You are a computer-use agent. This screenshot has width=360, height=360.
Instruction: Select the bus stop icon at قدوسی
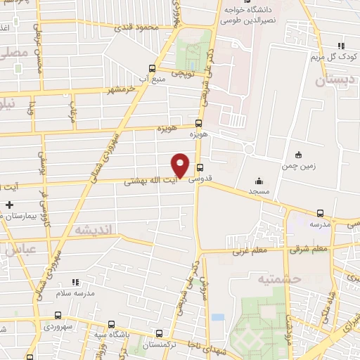(200, 167)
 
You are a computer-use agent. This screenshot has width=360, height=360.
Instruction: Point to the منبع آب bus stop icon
(152, 69)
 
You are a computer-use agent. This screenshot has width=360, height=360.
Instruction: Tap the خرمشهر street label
(120, 90)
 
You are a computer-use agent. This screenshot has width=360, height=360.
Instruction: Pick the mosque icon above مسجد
(259, 181)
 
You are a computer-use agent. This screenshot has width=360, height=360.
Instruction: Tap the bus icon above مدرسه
(321, 213)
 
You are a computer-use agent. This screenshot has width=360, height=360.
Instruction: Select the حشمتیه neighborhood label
(299, 278)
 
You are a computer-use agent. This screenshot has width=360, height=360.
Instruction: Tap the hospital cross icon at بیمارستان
(8, 205)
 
